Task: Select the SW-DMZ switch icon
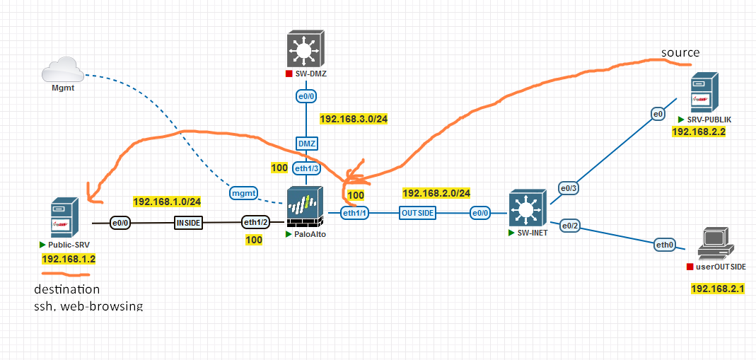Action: (x=306, y=49)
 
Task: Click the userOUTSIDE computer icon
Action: (x=715, y=244)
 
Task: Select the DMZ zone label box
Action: (x=306, y=144)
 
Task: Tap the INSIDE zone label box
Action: (x=188, y=223)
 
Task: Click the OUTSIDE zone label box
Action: (x=417, y=212)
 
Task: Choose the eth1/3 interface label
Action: (x=306, y=168)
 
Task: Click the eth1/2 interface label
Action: (x=256, y=223)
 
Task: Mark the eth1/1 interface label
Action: (x=355, y=212)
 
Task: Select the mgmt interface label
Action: (x=243, y=192)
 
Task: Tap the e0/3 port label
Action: (x=569, y=187)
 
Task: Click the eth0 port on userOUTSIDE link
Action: (x=665, y=245)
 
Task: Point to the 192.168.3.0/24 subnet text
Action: (x=354, y=119)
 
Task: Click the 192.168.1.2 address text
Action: (x=69, y=259)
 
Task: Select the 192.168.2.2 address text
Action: (x=698, y=132)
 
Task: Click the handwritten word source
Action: (x=680, y=53)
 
